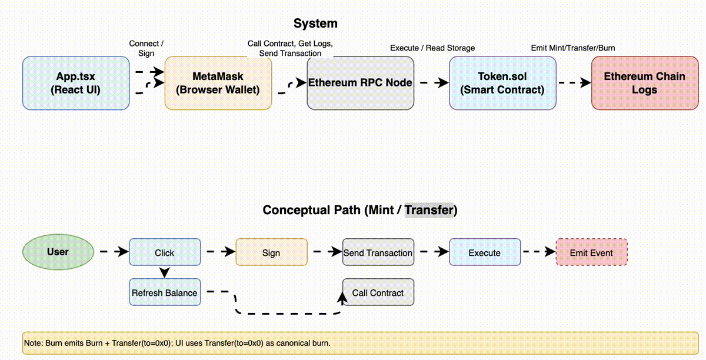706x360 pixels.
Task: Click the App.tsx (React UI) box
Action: pos(76,83)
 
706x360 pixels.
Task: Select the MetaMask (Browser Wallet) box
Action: pos(218,83)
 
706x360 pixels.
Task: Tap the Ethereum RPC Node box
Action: pos(360,83)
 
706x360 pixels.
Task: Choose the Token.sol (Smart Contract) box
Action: pos(502,83)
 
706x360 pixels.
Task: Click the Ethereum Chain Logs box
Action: pos(644,83)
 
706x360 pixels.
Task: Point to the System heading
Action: pos(315,24)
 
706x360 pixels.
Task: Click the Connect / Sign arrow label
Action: pos(146,48)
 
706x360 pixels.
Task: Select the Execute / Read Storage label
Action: pos(432,48)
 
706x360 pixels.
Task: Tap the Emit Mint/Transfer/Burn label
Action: pos(573,48)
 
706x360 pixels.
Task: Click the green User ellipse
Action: pos(58,252)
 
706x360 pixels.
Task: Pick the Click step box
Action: pos(164,252)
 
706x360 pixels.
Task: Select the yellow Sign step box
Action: pos(271,252)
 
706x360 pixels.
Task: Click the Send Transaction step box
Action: pos(378,252)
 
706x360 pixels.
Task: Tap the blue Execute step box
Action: pos(484,252)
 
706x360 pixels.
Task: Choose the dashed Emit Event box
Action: pos(591,252)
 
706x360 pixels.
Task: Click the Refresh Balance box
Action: pos(164,292)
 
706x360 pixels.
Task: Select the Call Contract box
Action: pos(378,292)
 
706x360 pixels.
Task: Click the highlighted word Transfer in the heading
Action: pos(429,210)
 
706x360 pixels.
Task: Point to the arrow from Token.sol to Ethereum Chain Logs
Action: pos(574,83)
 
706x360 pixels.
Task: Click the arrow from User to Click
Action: pos(112,252)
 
